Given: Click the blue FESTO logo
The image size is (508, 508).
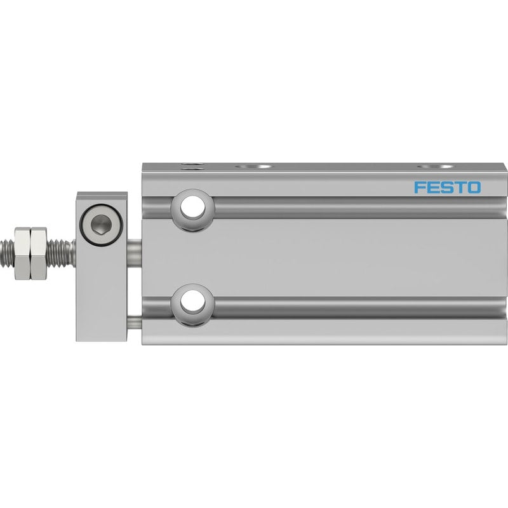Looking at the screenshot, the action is click(x=448, y=187).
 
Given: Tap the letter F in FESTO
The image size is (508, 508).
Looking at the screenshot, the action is click(x=420, y=187).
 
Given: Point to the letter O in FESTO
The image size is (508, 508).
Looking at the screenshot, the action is click(x=474, y=187).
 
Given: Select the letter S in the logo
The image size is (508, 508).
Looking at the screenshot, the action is click(x=446, y=187).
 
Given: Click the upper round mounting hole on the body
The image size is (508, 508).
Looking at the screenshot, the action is click(x=193, y=208).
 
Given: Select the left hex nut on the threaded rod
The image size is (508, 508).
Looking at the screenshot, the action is click(x=22, y=253).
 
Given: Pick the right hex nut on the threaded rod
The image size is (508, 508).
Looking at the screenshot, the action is click(x=39, y=253).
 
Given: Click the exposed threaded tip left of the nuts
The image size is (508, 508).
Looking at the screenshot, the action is click(x=8, y=253).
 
